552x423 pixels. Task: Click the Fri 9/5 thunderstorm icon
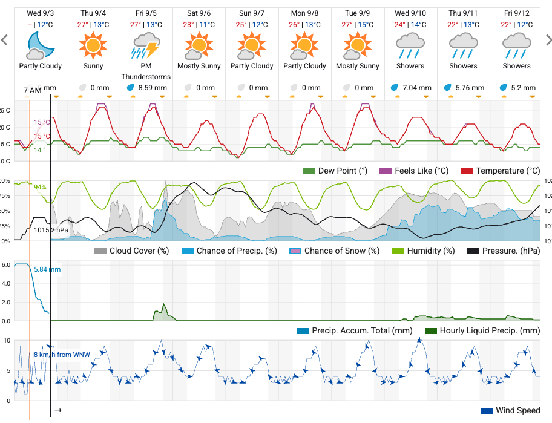pos(146,44)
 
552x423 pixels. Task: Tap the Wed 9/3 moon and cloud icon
pos(40,44)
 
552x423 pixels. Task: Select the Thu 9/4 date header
pos(93,12)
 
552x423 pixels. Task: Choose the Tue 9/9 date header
pos(358,12)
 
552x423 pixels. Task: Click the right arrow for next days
pos(547,40)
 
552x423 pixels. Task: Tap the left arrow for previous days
pos(5,40)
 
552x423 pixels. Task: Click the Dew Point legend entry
pos(335,171)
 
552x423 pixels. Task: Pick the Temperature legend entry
pos(501,171)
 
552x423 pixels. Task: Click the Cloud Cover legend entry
pos(131,251)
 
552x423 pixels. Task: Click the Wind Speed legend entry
pos(510,411)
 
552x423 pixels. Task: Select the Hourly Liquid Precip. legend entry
pos(482,331)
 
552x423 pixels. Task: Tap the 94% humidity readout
pos(40,187)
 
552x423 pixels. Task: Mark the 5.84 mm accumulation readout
pos(47,269)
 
